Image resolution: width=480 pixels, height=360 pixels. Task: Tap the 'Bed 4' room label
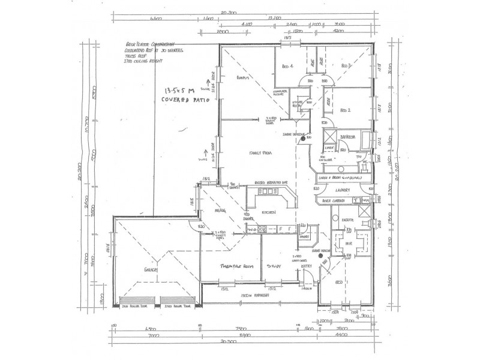[x=286, y=67]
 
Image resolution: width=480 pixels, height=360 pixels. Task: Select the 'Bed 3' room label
[x=345, y=66]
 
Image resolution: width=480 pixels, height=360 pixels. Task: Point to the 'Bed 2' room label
[x=344, y=110]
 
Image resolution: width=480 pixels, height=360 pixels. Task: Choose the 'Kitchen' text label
[x=268, y=213]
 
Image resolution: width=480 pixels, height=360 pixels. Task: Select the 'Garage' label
[x=149, y=270]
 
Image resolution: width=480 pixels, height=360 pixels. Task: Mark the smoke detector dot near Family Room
[x=294, y=138]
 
